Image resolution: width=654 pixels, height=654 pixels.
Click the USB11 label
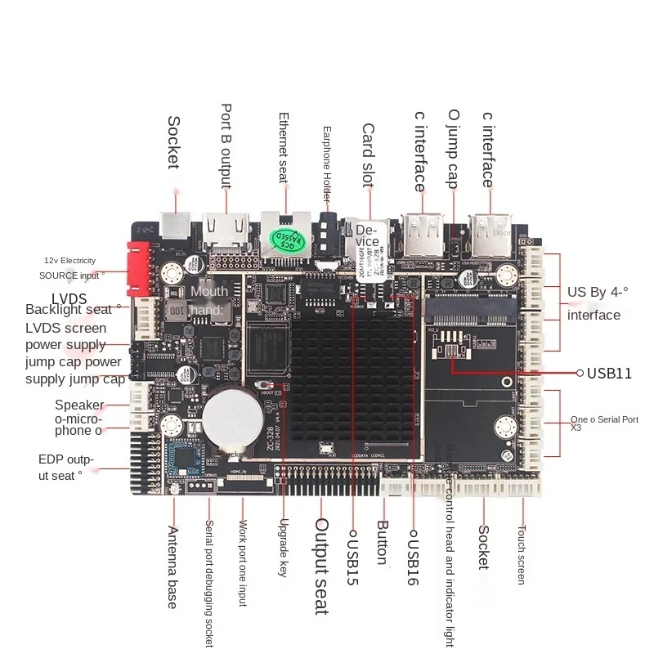click(x=609, y=373)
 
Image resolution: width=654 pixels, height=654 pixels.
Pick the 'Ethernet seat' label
click(x=284, y=148)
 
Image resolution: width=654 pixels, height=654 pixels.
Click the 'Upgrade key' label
click(x=284, y=549)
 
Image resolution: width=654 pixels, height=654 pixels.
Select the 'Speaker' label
click(x=79, y=405)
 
